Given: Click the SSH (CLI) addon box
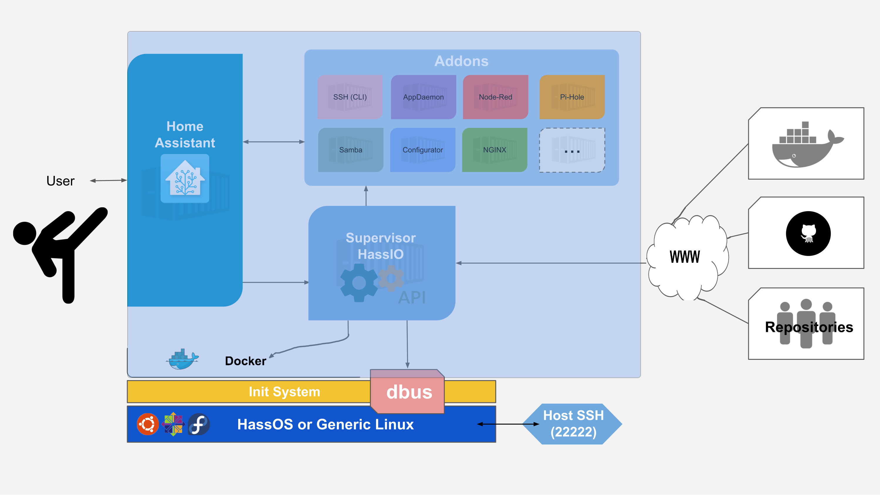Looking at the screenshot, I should pyautogui.click(x=350, y=97).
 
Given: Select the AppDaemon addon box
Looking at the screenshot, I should pyautogui.click(x=423, y=97).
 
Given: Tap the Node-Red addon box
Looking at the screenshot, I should pyautogui.click(x=495, y=97).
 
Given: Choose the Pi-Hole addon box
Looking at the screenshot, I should pyautogui.click(x=572, y=97).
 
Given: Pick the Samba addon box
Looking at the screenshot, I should pyautogui.click(x=351, y=150).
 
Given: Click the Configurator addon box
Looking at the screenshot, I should pyautogui.click(x=423, y=150).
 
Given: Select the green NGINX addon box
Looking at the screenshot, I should pyautogui.click(x=495, y=150).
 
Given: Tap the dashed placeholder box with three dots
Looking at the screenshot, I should pyautogui.click(x=572, y=150).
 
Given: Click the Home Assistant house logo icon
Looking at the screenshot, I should pyautogui.click(x=185, y=178).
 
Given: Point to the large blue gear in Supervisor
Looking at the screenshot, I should pyautogui.click(x=359, y=282).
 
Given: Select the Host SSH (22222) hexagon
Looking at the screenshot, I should pyautogui.click(x=573, y=424).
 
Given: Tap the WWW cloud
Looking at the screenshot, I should pyautogui.click(x=686, y=257).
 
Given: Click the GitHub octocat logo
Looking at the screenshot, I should pyautogui.click(x=808, y=233).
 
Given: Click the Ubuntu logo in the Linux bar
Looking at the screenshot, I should pyautogui.click(x=148, y=424).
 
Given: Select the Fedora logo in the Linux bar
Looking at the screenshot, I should pyautogui.click(x=199, y=424).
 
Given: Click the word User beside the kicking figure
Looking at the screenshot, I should pyautogui.click(x=60, y=181).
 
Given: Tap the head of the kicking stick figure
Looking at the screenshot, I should pyautogui.click(x=25, y=233).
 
